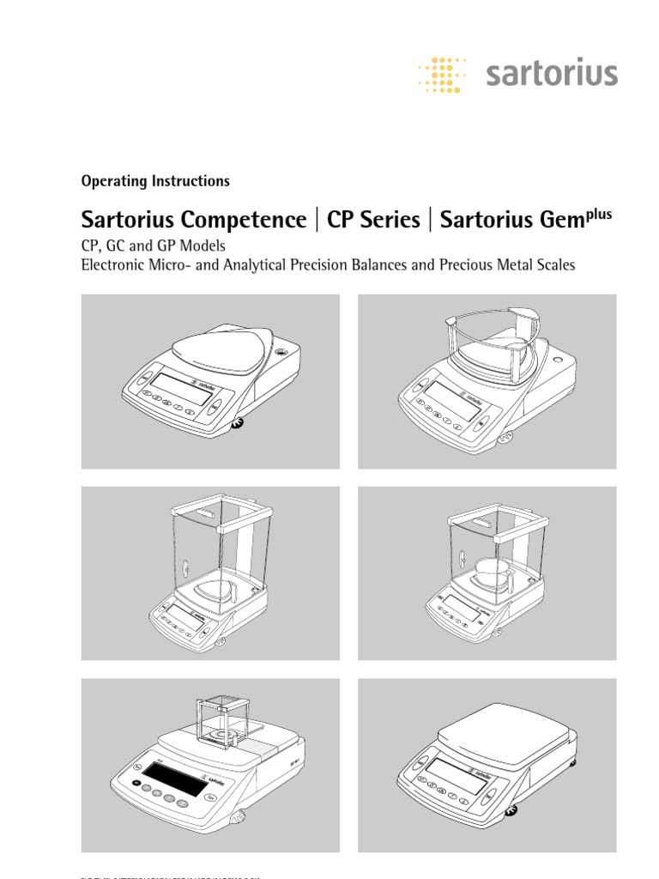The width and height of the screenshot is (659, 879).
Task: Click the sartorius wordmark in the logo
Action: click(x=551, y=74)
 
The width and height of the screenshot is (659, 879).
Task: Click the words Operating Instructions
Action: click(x=155, y=181)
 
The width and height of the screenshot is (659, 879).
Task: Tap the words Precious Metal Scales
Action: click(x=507, y=265)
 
